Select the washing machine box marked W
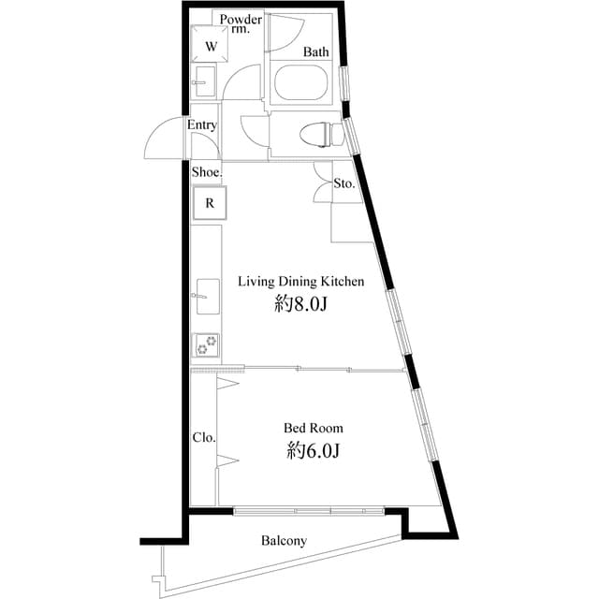point(210,43)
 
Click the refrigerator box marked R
point(210,203)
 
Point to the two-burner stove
point(206,344)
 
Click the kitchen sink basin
point(208,297)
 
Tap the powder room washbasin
point(205,81)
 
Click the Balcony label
point(284,541)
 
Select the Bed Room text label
point(314,428)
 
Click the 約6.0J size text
point(314,451)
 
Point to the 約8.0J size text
point(301,304)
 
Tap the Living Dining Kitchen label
point(301,282)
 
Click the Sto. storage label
point(344,183)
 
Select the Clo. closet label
point(204,437)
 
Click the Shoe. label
point(207,172)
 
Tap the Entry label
point(202,124)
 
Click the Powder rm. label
point(241,23)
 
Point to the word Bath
point(316,51)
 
